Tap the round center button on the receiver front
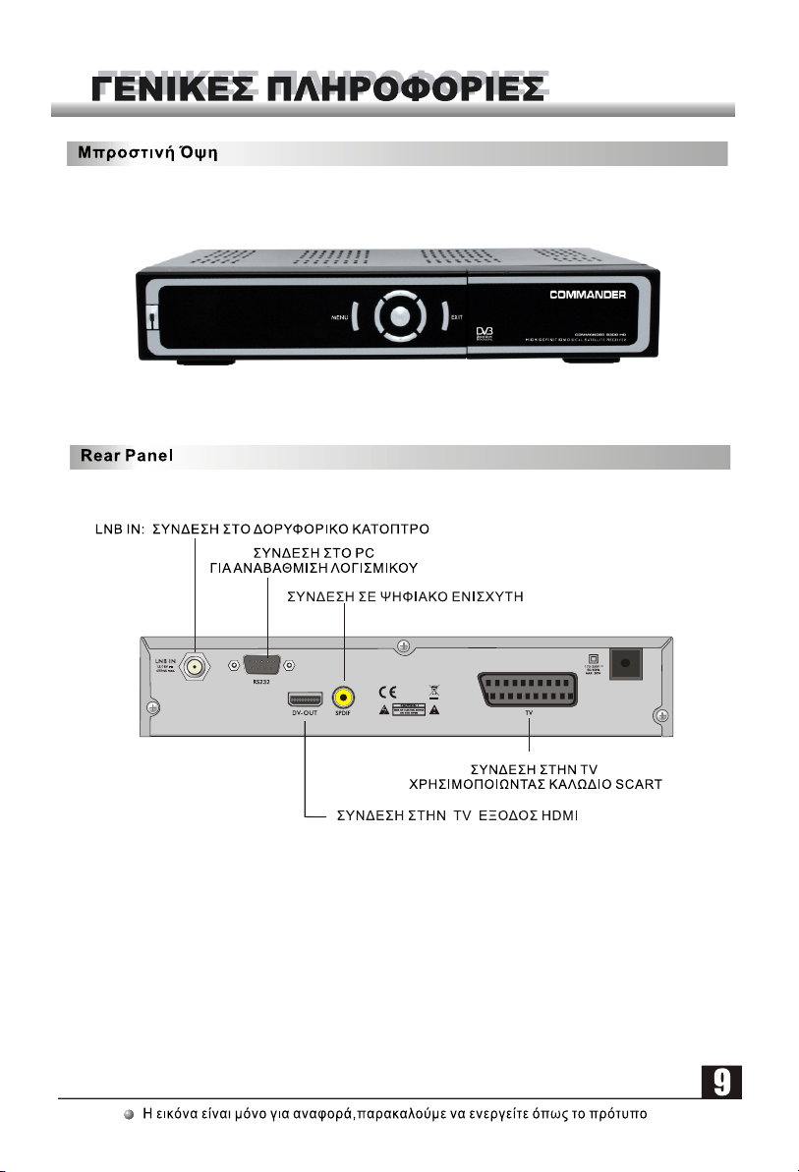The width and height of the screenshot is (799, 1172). [397, 316]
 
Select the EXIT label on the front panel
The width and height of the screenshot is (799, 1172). [456, 317]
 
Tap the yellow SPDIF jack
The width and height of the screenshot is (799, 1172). [344, 698]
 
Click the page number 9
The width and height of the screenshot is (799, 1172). [720, 1084]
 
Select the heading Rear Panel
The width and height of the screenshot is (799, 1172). [122, 458]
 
